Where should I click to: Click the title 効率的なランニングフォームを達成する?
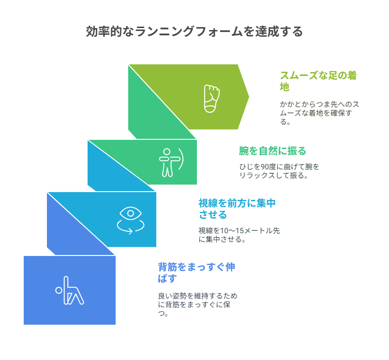pyautogui.click(x=194, y=31)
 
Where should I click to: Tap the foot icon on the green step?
pyautogui.click(x=211, y=99)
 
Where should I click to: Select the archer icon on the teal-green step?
pyautogui.click(x=171, y=163)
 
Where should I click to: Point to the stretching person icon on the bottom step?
pyautogui.click(x=70, y=290)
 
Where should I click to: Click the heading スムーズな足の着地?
pyautogui.click(x=318, y=81)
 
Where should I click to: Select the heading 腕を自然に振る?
pyautogui.click(x=272, y=151)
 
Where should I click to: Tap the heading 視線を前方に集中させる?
pyautogui.click(x=237, y=209)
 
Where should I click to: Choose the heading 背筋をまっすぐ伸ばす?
pyautogui.click(x=196, y=272)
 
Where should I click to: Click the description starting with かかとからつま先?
pyautogui.click(x=319, y=113)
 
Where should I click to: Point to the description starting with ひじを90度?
pyautogui.click(x=279, y=171)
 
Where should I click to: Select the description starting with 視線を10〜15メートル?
pyautogui.click(x=239, y=235)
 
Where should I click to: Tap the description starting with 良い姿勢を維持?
pyautogui.click(x=198, y=305)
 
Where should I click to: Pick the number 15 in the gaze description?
pyautogui.click(x=239, y=231)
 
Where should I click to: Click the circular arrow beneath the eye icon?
pyautogui.click(x=131, y=226)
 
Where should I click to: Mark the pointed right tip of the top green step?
pyautogui.click(x=249, y=97)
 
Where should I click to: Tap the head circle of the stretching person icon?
pyautogui.click(x=59, y=290)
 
